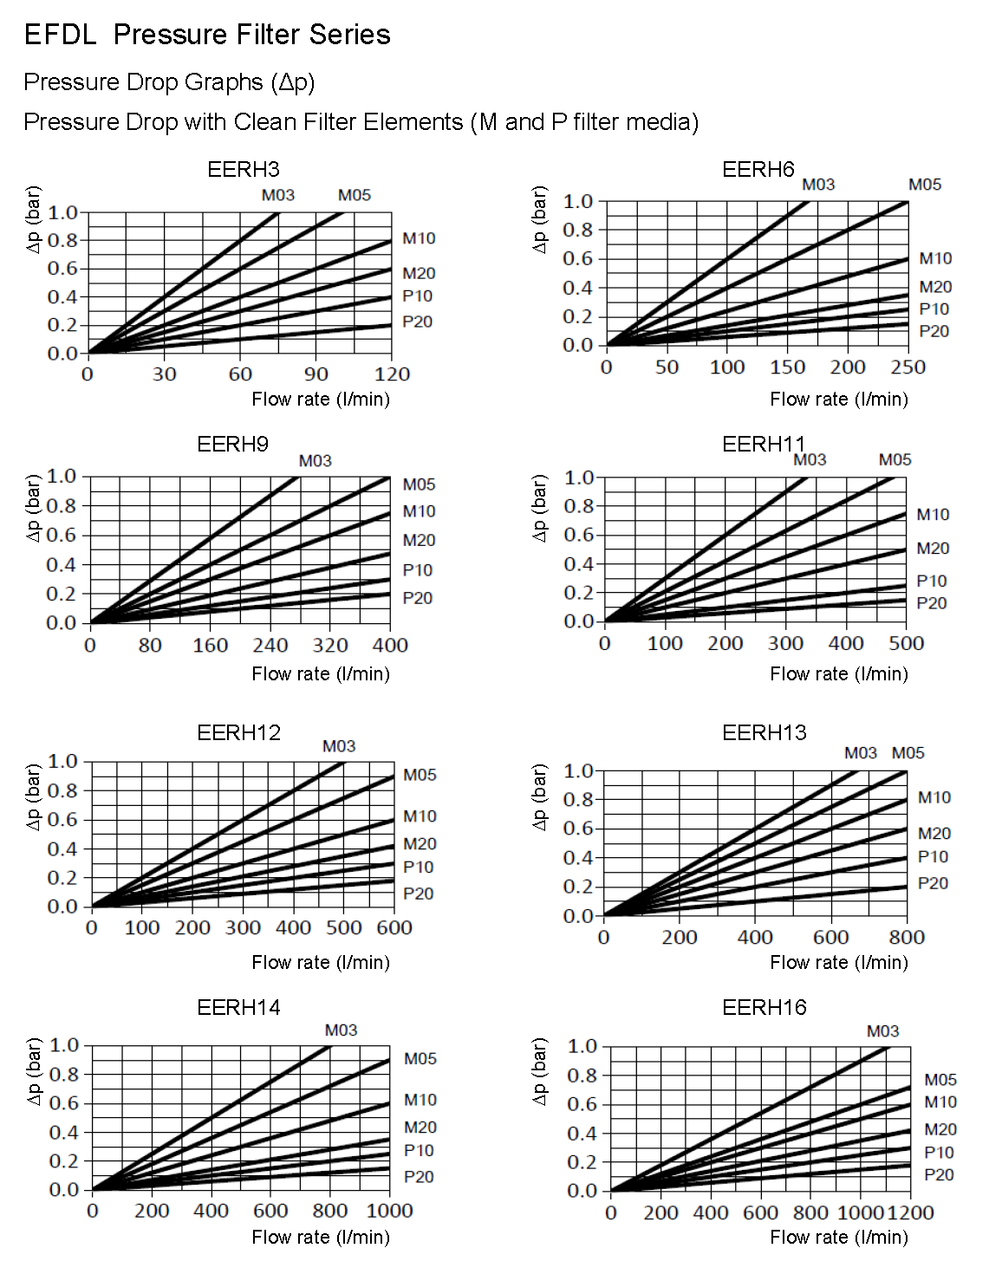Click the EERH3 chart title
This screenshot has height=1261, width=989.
[244, 169]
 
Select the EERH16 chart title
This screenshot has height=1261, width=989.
[764, 1007]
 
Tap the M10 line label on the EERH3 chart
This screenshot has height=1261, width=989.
[419, 238]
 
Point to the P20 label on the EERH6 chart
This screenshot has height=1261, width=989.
[934, 331]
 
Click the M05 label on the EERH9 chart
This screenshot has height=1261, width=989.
[419, 484]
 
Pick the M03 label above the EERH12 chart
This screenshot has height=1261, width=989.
[339, 746]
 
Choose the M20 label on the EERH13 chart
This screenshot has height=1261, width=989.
[934, 834]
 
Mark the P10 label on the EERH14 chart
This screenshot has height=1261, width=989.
[419, 1151]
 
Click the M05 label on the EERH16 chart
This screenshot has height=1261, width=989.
[940, 1080]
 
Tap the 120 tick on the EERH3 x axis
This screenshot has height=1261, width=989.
[392, 374]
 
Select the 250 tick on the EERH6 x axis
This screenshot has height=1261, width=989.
[908, 367]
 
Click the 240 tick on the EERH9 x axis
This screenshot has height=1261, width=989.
[270, 646]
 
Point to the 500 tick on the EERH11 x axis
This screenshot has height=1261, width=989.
[906, 644]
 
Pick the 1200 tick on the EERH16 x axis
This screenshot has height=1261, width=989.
[911, 1212]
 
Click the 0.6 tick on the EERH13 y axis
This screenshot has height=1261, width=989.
[577, 829]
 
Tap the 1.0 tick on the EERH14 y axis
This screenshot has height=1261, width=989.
[64, 1045]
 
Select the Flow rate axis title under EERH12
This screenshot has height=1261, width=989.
[321, 962]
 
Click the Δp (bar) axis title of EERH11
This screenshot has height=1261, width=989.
[539, 508]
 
